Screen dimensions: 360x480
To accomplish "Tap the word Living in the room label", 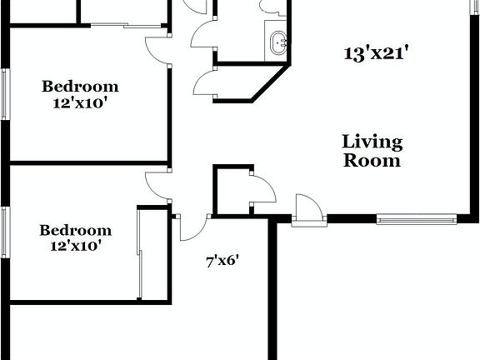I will (x=372, y=142).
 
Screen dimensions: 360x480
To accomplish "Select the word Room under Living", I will (x=372, y=160).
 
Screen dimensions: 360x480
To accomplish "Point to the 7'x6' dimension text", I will (x=222, y=261).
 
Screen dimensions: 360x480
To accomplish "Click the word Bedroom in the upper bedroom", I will (x=80, y=86).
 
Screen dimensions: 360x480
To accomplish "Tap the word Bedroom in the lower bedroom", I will (x=75, y=230).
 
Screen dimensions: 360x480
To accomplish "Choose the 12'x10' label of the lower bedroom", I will (x=75, y=246).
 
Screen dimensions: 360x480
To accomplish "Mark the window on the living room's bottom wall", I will (x=416, y=219).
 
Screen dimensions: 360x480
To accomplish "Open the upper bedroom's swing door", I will (x=156, y=50).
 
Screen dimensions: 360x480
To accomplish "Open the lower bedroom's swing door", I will (x=156, y=185).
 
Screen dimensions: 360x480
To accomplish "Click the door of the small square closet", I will (x=262, y=190).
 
